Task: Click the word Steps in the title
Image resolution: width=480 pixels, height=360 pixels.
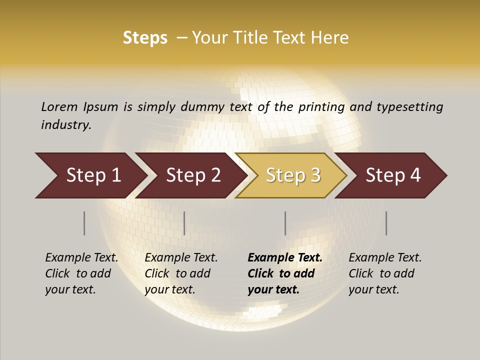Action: point(145,38)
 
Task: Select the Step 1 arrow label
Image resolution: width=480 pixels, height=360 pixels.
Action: point(93,175)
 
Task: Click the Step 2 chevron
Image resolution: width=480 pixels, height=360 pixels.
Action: point(193,175)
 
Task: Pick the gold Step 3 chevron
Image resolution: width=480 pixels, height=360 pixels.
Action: point(293,175)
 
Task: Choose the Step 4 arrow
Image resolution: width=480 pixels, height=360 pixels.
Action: point(393,175)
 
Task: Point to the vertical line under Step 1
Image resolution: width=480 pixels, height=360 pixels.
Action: point(84,223)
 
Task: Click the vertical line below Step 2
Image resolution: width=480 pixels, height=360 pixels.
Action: point(184,223)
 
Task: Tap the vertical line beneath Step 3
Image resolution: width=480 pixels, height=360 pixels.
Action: point(285,223)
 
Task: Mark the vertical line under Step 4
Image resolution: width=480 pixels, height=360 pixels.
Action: point(386,223)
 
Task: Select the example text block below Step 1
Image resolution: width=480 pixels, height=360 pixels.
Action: point(81,273)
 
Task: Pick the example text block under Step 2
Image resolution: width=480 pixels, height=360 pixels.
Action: point(181,273)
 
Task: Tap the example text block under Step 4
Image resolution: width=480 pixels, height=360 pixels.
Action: point(385,273)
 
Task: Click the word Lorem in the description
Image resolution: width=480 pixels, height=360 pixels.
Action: point(59,107)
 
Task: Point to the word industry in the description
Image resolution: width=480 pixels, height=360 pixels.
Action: point(66,125)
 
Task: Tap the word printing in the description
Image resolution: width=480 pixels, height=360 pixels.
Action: point(321,107)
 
